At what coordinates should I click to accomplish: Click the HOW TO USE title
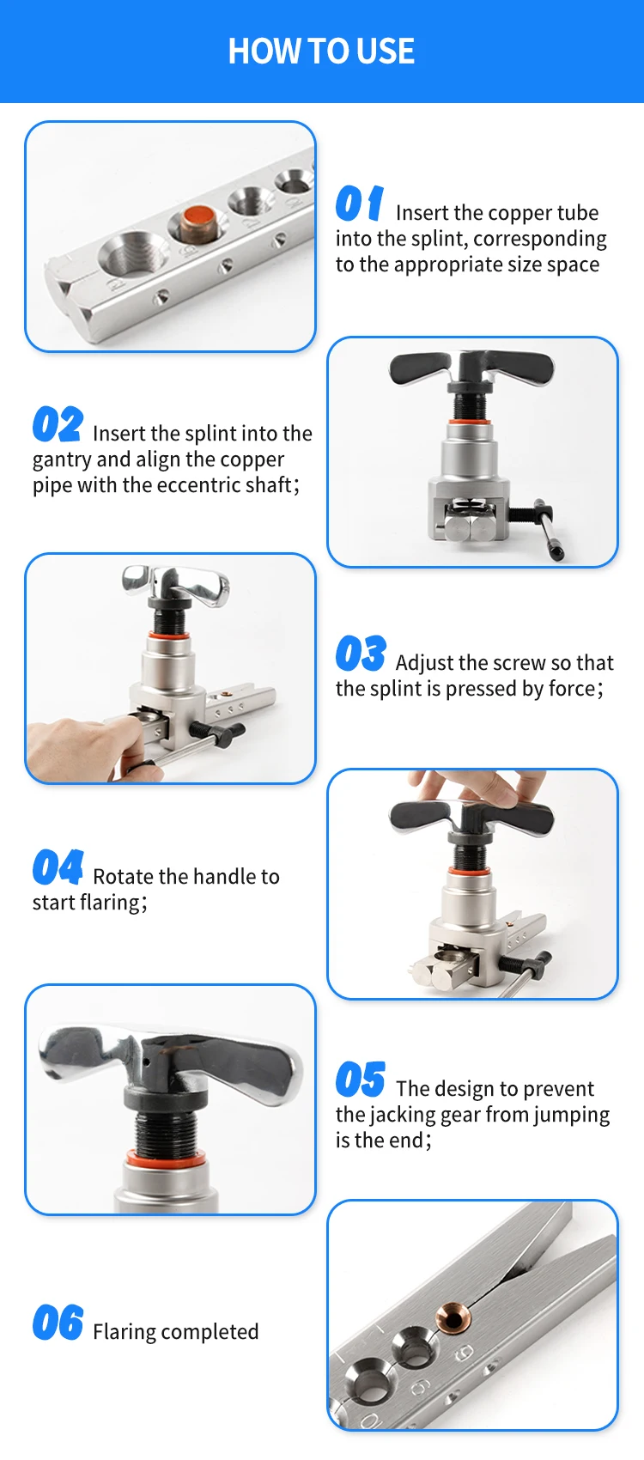(x=321, y=51)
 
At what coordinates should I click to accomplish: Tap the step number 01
(x=359, y=204)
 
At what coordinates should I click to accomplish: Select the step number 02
(x=58, y=423)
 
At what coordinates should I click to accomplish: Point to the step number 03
(x=361, y=653)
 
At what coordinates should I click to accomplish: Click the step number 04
(x=58, y=867)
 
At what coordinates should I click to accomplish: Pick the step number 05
(x=361, y=1080)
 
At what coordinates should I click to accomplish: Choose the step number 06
(x=58, y=1322)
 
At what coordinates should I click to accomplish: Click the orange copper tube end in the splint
(x=199, y=216)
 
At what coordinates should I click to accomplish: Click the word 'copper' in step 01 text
(x=519, y=213)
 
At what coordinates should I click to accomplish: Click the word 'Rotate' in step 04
(x=124, y=877)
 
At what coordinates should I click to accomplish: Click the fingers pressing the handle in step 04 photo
(x=470, y=787)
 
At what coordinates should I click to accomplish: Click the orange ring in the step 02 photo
(x=470, y=422)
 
